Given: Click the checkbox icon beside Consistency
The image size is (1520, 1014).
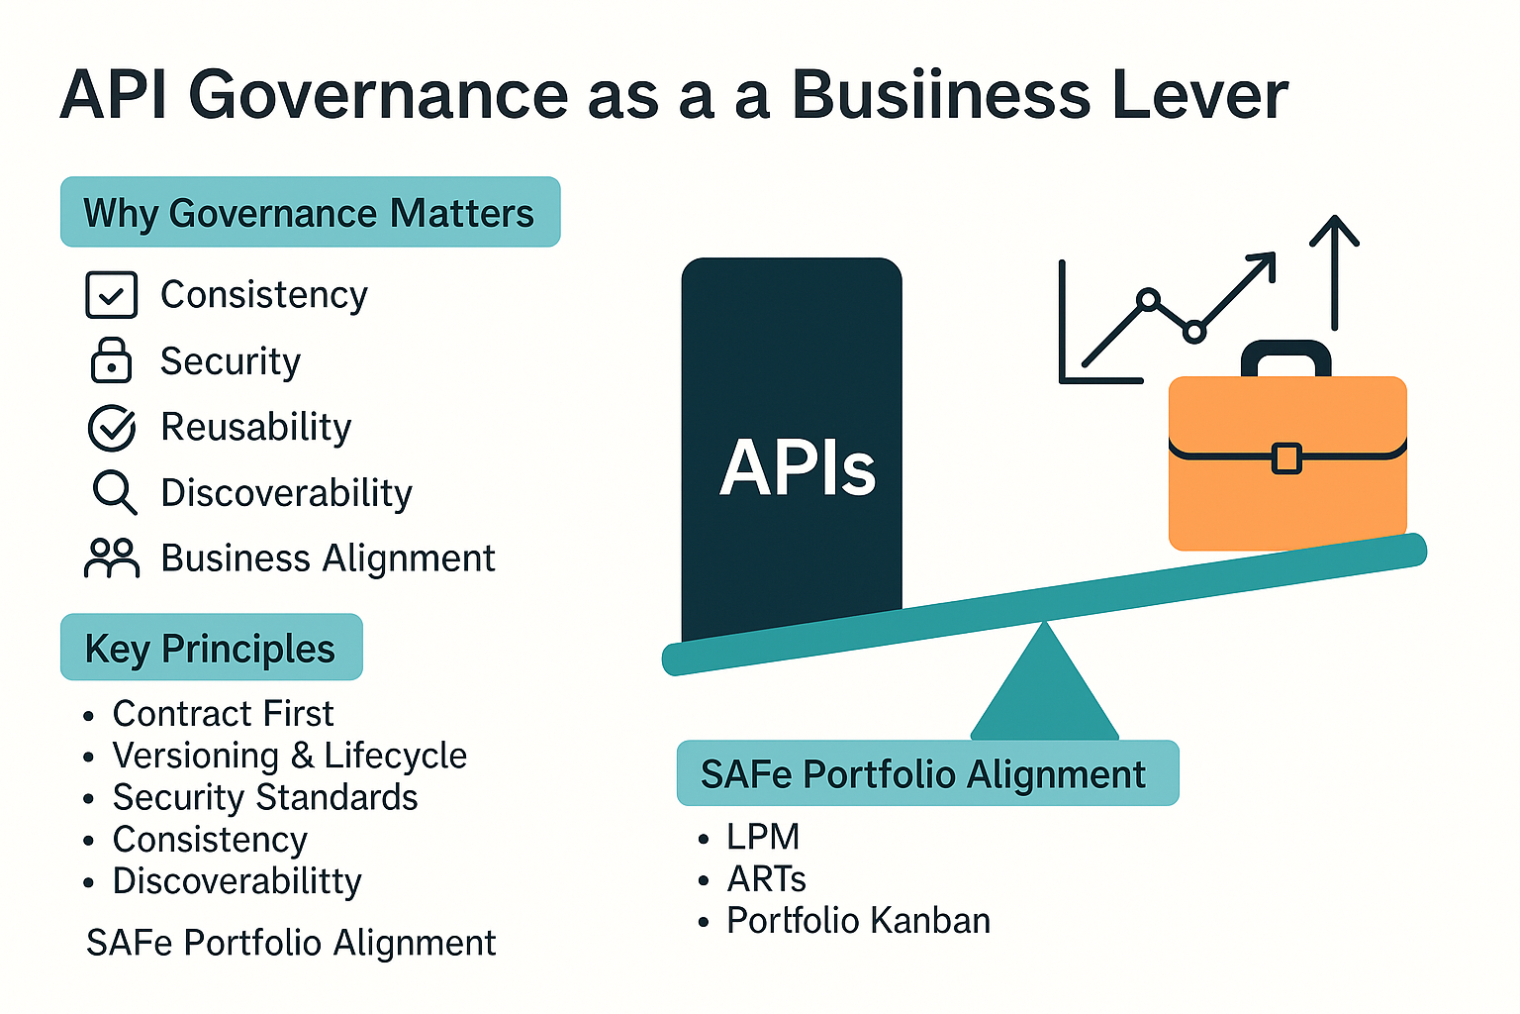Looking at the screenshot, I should (111, 295).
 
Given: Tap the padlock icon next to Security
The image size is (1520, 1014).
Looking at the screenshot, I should (111, 360).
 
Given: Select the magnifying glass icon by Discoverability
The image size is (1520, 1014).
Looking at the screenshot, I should (114, 492).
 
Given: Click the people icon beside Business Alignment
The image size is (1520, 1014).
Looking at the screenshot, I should (111, 558).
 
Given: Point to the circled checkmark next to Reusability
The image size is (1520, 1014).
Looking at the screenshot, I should (112, 427).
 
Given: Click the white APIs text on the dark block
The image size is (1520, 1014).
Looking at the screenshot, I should (797, 467).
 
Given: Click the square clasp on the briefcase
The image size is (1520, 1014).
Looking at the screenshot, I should (1285, 458).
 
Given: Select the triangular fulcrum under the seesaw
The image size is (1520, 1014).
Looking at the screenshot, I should (1044, 688).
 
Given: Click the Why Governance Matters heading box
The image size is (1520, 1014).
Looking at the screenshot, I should (310, 213).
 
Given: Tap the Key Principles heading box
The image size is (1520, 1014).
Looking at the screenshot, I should (211, 649).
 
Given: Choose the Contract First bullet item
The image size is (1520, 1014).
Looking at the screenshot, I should (223, 714).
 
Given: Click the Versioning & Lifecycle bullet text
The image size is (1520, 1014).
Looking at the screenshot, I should (289, 756).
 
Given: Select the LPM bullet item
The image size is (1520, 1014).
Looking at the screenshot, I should (762, 837).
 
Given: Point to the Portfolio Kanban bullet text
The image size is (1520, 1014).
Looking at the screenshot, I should (858, 921).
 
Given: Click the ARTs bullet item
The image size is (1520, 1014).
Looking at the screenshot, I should (766, 879).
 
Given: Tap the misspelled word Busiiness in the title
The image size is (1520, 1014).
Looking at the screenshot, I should (941, 96).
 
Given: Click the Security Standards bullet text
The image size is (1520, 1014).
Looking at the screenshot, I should (264, 797).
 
